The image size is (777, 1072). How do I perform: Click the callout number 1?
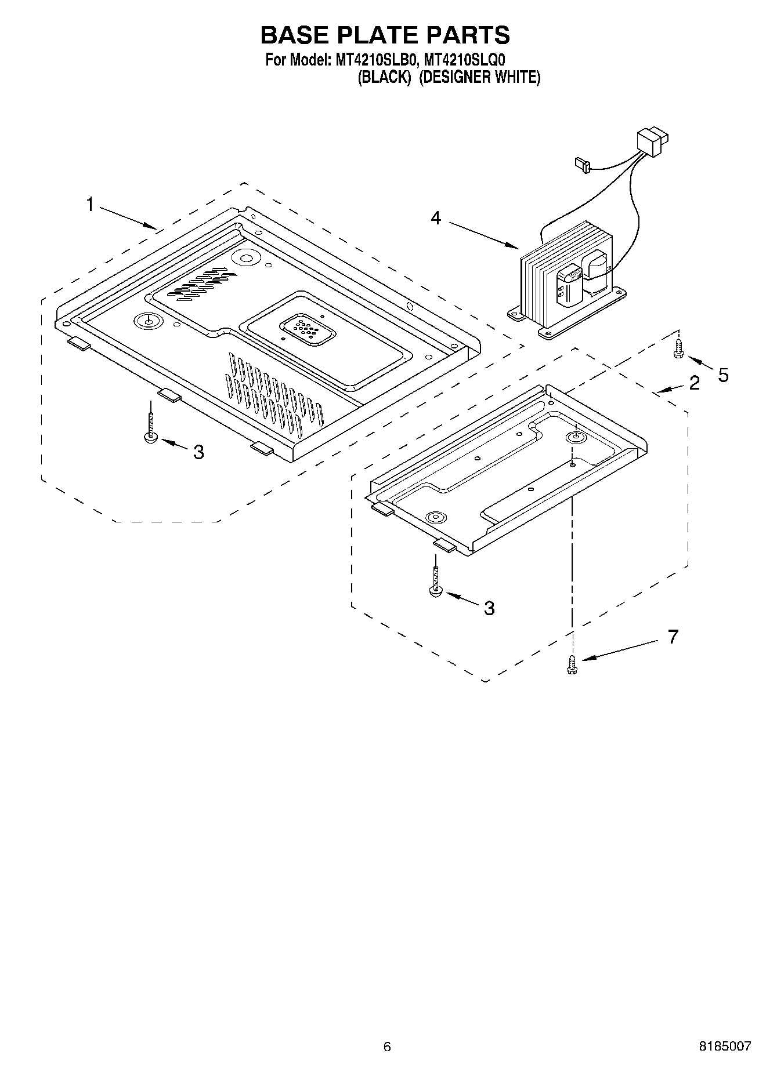90,205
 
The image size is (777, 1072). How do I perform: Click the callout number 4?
435,218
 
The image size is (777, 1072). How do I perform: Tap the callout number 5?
722,375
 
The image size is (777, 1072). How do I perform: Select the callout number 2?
694,383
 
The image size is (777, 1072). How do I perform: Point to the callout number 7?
673,637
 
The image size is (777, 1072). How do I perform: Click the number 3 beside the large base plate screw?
198,452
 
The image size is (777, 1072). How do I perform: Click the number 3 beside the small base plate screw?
489,608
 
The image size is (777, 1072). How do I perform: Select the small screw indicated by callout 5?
678,350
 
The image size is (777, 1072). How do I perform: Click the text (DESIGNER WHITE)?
479,77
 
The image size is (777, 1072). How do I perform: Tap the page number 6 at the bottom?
387,1046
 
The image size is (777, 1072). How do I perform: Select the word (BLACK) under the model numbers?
385,77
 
